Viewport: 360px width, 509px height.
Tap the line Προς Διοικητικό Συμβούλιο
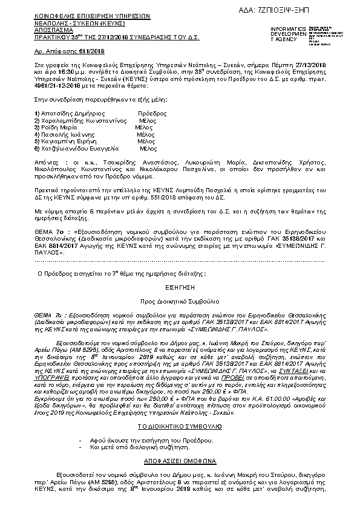pyautogui.click(x=180, y=300)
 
